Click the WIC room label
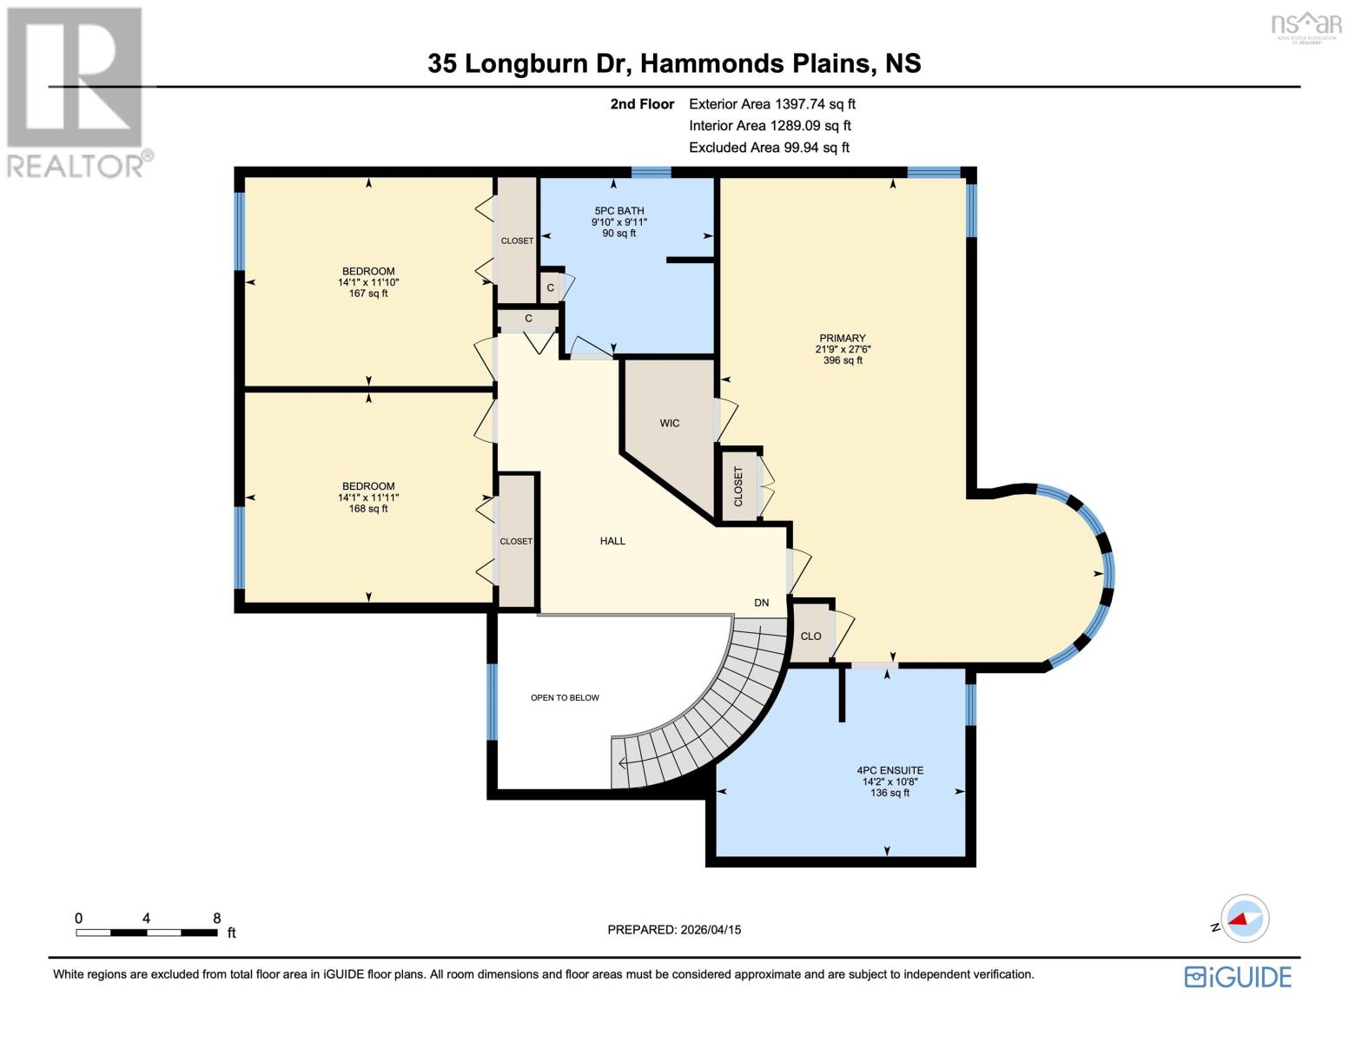point(669,423)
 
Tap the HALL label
point(612,541)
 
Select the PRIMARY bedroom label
point(842,338)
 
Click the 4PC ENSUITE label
point(889,770)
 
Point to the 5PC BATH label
point(618,211)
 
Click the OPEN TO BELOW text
point(565,697)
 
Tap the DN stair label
point(761,603)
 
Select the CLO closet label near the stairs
point(810,636)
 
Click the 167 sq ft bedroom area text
point(368,293)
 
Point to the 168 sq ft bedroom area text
point(368,509)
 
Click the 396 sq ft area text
point(842,360)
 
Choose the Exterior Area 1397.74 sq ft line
point(771,104)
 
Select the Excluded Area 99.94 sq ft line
point(769,148)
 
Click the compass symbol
point(1244,919)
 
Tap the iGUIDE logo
point(1238,977)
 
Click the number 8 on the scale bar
point(216,918)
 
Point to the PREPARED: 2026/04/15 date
point(674,930)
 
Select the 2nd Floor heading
point(642,104)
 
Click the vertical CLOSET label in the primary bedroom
point(738,486)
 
